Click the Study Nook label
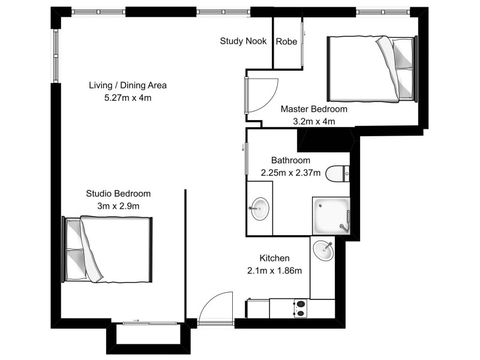point(243,41)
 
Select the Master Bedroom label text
point(314,109)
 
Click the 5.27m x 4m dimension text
point(127,97)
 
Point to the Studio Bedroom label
point(118,194)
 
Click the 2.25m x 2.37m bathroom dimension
point(290,172)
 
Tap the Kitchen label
point(274,258)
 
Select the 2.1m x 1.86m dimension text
point(274,270)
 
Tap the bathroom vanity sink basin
point(260,209)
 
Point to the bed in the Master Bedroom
point(371,68)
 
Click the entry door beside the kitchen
point(215,308)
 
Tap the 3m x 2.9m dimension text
point(118,206)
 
